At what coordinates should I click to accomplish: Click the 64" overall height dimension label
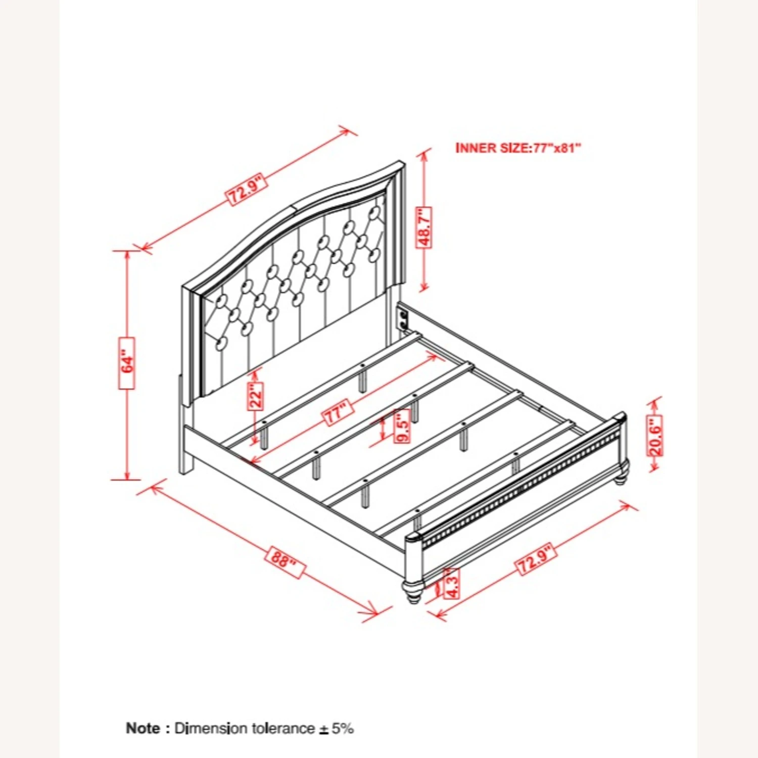click(x=127, y=363)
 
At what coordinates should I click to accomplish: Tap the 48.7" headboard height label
click(x=424, y=227)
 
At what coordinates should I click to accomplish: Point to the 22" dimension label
click(x=256, y=395)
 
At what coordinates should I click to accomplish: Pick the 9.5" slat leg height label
click(x=402, y=426)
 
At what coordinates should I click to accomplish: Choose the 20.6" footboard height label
click(x=655, y=436)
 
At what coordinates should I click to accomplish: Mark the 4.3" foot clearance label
click(x=451, y=583)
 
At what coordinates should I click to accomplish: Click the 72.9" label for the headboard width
click(x=246, y=189)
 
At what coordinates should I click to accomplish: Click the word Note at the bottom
click(x=143, y=728)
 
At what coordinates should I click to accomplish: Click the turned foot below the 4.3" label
click(x=412, y=591)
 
